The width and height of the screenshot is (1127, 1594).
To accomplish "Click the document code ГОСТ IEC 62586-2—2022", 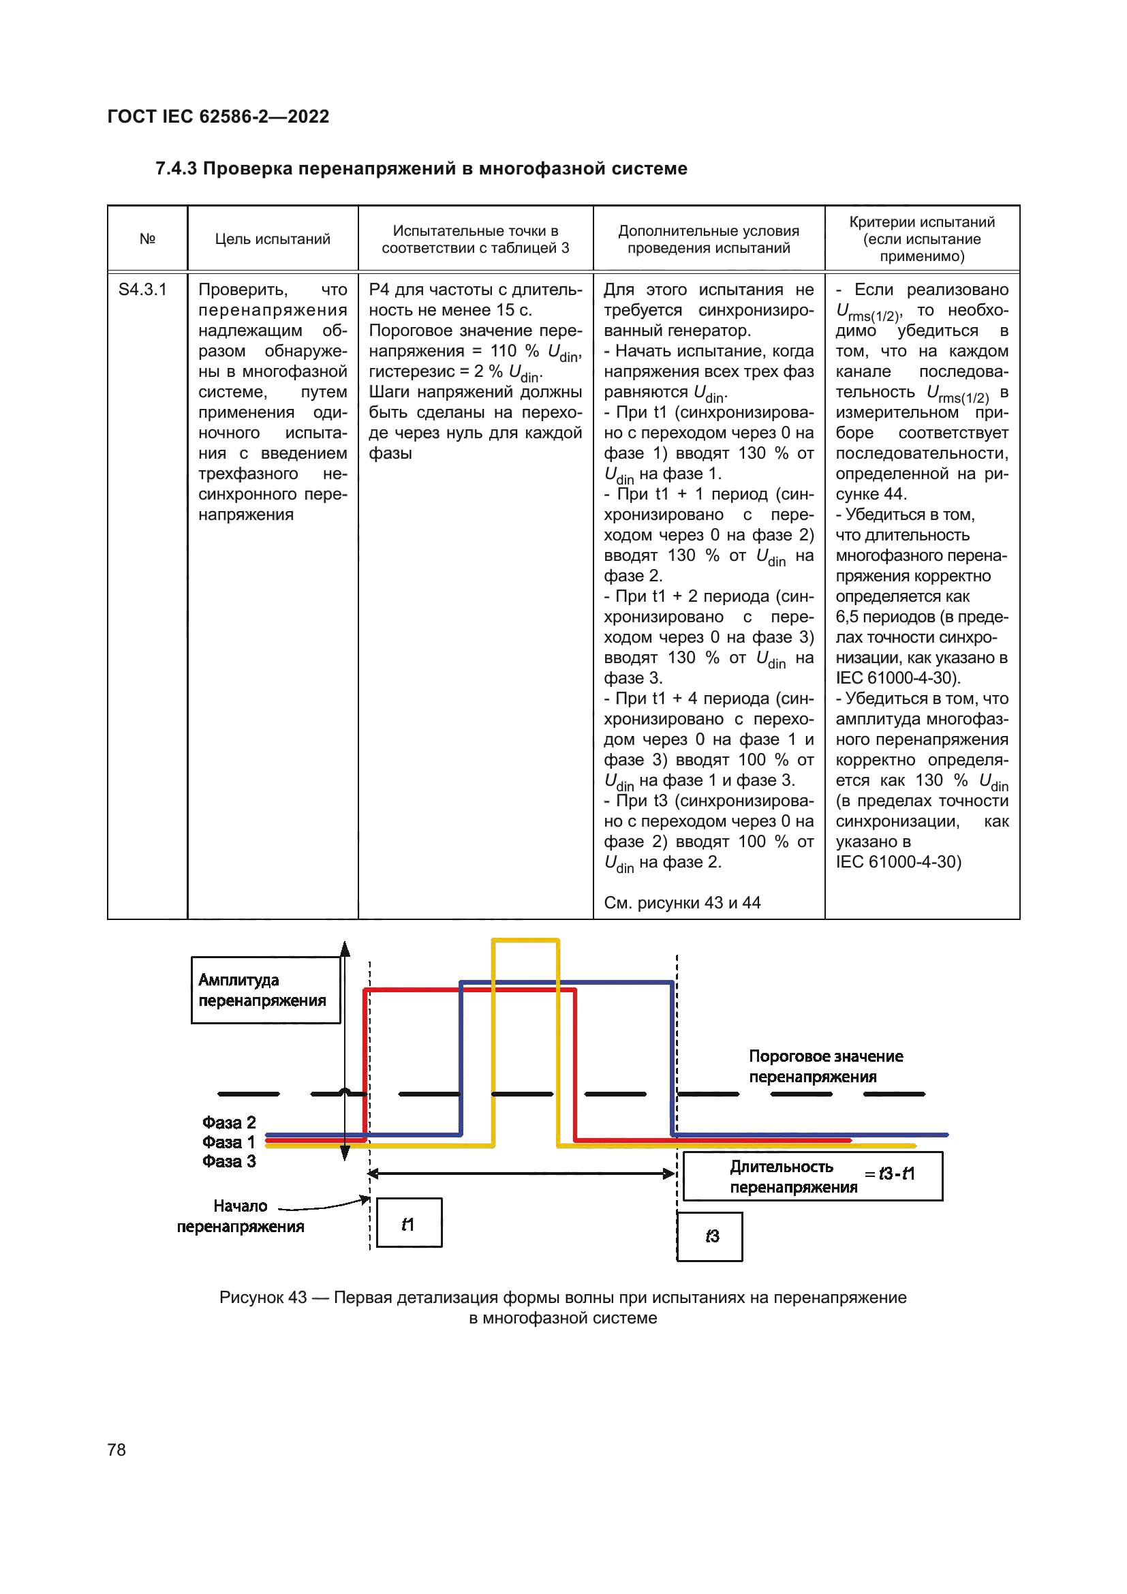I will click(218, 116).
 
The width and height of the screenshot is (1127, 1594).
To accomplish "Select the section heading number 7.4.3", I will click(176, 169).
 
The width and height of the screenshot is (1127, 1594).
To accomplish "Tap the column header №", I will click(147, 239).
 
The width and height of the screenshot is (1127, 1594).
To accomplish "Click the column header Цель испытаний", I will click(272, 239).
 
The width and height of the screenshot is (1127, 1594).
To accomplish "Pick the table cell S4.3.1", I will click(142, 290).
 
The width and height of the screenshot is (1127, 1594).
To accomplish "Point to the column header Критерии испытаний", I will click(922, 222).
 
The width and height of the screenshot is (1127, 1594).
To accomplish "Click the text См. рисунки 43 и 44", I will click(682, 902).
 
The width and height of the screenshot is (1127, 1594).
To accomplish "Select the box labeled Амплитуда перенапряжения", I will click(265, 990).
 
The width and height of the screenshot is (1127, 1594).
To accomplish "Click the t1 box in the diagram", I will click(409, 1223).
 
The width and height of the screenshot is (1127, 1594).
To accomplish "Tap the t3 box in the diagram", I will click(709, 1236).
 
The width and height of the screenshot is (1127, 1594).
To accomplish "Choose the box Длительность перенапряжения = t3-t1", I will click(813, 1176).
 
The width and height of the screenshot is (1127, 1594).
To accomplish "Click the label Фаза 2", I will click(229, 1122).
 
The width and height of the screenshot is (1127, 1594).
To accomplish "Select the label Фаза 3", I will click(229, 1161).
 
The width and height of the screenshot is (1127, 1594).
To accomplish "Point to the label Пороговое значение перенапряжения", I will click(825, 1067).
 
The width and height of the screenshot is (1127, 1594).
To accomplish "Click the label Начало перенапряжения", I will click(240, 1216).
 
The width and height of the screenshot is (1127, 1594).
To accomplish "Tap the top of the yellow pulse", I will click(525, 940).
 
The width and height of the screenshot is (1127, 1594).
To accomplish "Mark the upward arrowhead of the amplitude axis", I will click(345, 950).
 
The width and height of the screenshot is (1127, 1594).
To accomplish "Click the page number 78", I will click(117, 1450).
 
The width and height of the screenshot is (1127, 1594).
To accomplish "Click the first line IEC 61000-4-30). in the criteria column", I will click(898, 677).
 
